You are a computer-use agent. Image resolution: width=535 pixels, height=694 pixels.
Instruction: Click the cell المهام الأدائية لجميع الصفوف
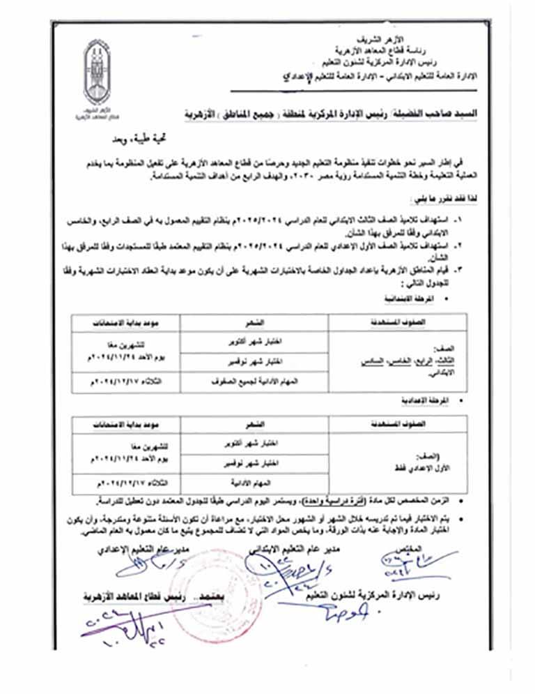point(254,382)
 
